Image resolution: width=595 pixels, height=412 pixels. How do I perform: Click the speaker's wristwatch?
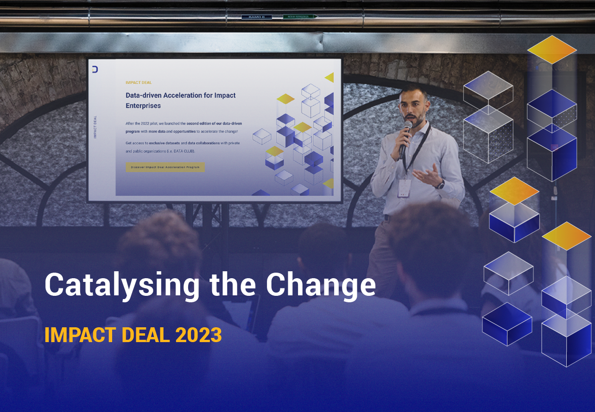(x=441, y=184)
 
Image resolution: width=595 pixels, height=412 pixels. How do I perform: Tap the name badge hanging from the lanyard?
(x=404, y=188)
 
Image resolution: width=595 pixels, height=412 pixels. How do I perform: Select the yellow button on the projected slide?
(x=165, y=167)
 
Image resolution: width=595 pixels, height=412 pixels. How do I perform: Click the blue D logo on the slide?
(x=95, y=69)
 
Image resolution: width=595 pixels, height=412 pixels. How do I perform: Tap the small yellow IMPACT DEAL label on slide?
(x=139, y=82)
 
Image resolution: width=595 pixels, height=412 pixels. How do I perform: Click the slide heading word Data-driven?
(x=144, y=95)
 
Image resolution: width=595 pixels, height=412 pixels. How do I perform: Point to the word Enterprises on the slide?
(x=143, y=106)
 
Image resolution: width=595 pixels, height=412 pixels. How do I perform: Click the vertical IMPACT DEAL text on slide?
(x=95, y=127)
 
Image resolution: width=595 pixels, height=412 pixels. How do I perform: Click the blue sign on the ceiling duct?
(x=256, y=17)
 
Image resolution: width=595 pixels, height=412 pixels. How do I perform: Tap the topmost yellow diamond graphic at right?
(x=551, y=49)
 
